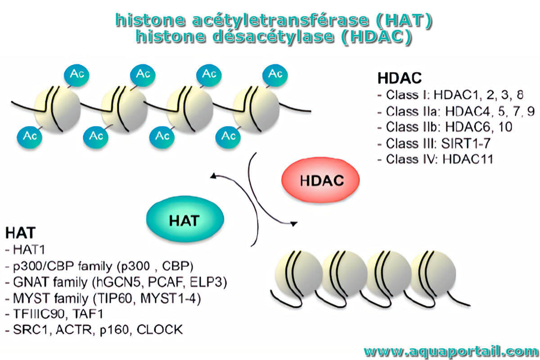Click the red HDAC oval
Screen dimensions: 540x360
click(320, 180)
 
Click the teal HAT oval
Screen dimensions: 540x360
click(185, 219)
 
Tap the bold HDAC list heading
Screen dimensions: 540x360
click(400, 78)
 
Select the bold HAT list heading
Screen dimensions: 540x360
click(21, 233)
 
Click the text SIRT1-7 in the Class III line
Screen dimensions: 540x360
click(466, 144)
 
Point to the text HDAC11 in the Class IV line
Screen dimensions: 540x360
click(468, 159)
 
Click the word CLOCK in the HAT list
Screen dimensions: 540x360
click(160, 329)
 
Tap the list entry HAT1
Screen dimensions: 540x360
click(29, 250)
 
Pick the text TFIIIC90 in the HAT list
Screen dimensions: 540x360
click(39, 314)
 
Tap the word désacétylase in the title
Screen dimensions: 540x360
click(274, 36)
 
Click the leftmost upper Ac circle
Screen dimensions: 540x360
click(76, 75)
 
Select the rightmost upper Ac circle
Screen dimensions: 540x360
click(275, 75)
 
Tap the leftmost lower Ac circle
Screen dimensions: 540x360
click(29, 137)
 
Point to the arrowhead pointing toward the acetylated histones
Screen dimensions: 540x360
click(213, 176)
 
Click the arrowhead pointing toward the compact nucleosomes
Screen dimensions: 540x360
click(294, 224)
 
